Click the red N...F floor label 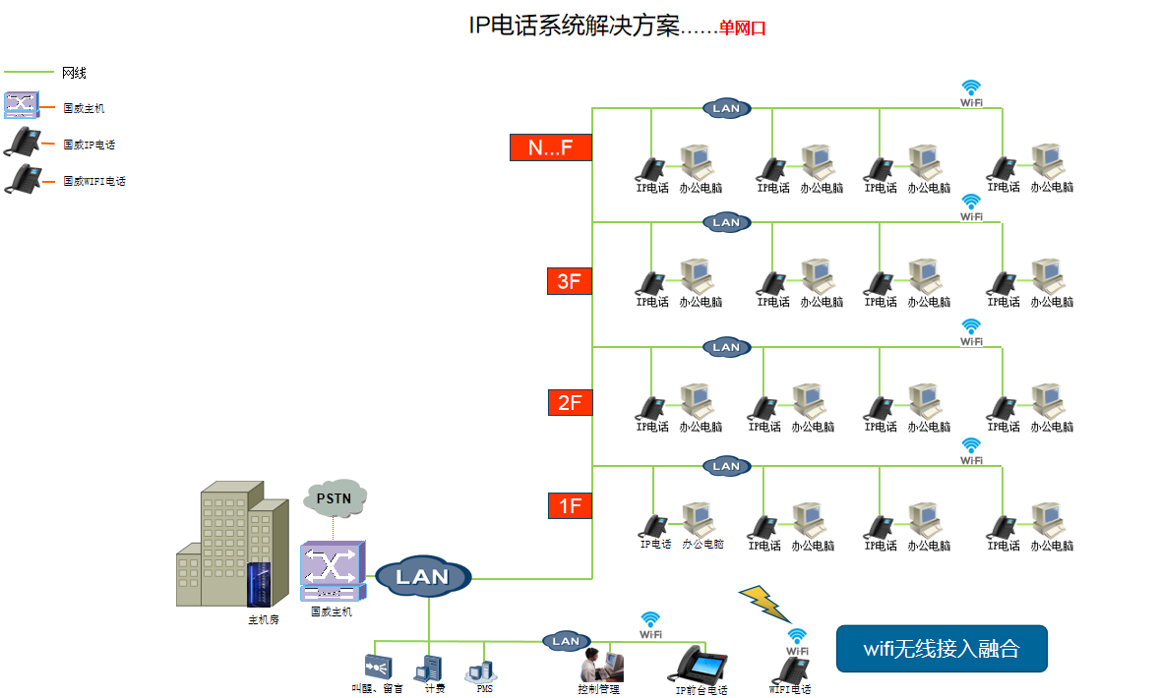tap(550, 147)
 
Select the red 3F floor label tap(570, 281)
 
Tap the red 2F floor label tap(570, 402)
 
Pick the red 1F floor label tap(570, 506)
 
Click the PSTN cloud tap(334, 498)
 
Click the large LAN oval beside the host tap(423, 577)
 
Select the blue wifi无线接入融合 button tap(941, 649)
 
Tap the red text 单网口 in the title tap(742, 29)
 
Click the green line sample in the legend tap(29, 73)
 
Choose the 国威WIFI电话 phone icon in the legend tap(23, 180)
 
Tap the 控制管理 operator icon tap(599, 665)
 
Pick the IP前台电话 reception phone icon tap(700, 665)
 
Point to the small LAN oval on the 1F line tap(726, 466)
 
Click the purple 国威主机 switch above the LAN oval tap(332, 570)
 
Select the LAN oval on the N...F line tap(726, 108)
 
